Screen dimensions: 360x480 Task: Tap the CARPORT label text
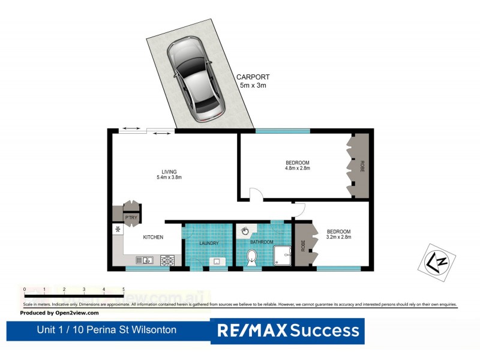(253, 77)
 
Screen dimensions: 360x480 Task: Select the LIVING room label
(169, 172)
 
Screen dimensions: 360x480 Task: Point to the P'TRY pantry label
(130, 218)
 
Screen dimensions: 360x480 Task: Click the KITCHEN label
(153, 238)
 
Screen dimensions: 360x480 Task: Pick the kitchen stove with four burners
(167, 260)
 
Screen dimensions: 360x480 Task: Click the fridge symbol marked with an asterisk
(118, 229)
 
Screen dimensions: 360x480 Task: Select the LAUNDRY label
(208, 243)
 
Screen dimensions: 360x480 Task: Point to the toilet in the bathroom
(253, 258)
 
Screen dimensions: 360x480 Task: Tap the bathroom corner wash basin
(245, 230)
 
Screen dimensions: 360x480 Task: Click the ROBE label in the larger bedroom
(362, 166)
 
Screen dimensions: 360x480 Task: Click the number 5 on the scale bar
(124, 290)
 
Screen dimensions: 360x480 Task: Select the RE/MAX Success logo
(287, 331)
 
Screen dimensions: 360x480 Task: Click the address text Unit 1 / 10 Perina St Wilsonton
(107, 330)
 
